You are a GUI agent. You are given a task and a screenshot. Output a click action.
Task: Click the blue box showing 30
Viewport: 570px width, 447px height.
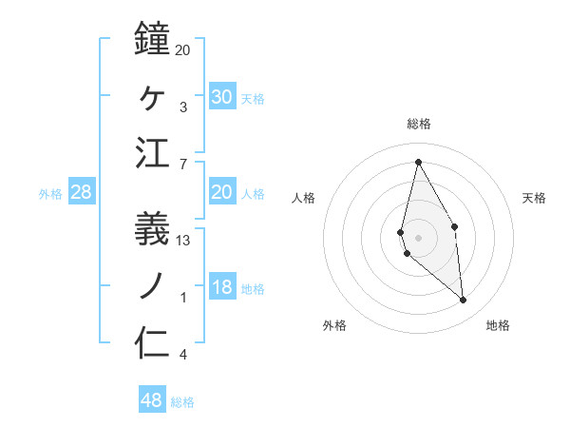(222, 96)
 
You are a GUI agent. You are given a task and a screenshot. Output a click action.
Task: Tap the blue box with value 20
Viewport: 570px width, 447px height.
(222, 192)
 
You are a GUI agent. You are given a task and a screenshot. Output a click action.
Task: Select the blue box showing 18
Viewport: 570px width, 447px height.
(222, 288)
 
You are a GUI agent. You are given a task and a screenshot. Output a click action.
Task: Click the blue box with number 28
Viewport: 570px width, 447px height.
(82, 192)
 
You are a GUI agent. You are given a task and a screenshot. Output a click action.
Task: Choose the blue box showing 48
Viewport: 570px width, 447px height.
(152, 399)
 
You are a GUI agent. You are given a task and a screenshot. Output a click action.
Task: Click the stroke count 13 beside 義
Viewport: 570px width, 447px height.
(183, 241)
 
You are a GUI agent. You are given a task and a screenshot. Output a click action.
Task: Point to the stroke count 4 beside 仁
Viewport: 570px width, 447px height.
(183, 356)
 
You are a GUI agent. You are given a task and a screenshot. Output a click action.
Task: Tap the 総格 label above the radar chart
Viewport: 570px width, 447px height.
(419, 124)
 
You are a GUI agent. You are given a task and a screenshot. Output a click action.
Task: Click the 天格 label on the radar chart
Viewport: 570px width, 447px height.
(534, 198)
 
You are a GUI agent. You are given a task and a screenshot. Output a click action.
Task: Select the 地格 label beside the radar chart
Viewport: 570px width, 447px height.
(498, 325)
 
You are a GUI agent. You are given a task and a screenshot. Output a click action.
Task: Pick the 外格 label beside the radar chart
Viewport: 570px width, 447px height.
(334, 325)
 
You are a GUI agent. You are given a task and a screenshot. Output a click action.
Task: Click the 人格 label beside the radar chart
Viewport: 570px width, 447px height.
(303, 198)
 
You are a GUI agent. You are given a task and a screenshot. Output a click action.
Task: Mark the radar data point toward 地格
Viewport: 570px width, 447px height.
(464, 301)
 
